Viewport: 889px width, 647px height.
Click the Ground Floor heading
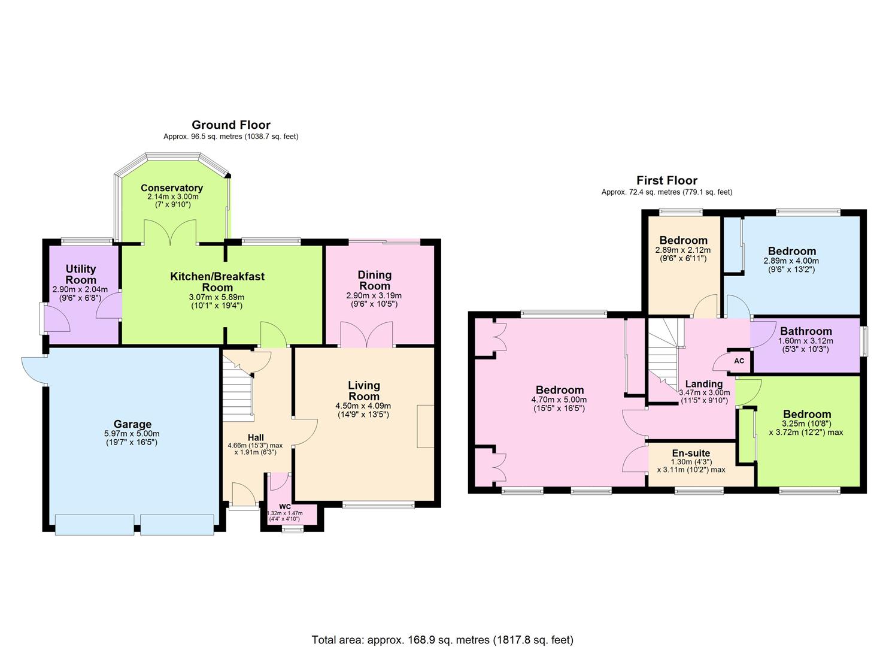click(230, 125)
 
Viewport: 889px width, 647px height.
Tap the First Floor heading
click(666, 180)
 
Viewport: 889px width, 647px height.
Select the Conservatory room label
click(172, 188)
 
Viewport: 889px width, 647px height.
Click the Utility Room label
click(81, 274)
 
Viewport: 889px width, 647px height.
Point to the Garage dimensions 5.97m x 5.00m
click(132, 434)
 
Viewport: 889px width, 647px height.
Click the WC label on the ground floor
click(284, 506)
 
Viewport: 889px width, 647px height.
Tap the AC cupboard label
click(739, 361)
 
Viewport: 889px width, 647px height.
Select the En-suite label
click(691, 453)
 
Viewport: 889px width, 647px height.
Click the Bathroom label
click(806, 331)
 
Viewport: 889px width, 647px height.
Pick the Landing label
click(703, 384)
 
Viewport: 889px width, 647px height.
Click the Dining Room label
click(375, 280)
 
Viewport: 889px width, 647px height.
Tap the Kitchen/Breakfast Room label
click(217, 282)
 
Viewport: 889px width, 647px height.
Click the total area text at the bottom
click(442, 640)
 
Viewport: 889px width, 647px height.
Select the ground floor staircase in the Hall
click(236, 386)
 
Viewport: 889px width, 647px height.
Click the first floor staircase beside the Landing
click(665, 353)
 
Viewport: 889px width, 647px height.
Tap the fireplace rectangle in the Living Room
click(426, 426)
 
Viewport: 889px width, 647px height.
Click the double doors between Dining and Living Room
click(366, 335)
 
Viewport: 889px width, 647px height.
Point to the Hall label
click(256, 437)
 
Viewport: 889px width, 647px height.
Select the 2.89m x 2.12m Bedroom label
click(683, 241)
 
